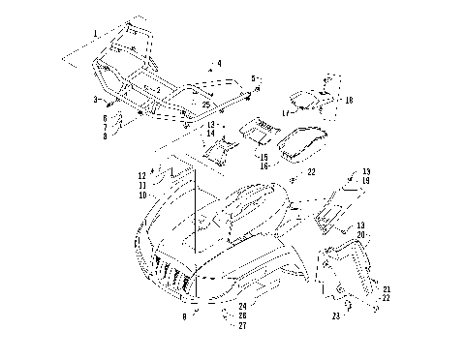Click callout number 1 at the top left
pyautogui.click(x=95, y=34)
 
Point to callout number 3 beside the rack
pyautogui.click(x=96, y=100)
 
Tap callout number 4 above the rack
pyautogui.click(x=219, y=63)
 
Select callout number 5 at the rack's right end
pyautogui.click(x=253, y=78)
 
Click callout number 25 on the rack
pyautogui.click(x=206, y=104)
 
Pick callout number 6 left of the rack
pyautogui.click(x=104, y=118)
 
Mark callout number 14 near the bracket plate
pyautogui.click(x=212, y=133)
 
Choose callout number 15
pyautogui.click(x=263, y=156)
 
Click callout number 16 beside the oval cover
pyautogui.click(x=263, y=166)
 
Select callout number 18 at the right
pyautogui.click(x=349, y=100)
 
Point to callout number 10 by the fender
pyautogui.click(x=142, y=195)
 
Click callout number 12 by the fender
pyautogui.click(x=141, y=175)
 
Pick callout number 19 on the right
pyautogui.click(x=365, y=182)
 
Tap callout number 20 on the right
pyautogui.click(x=360, y=235)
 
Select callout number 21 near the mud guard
pyautogui.click(x=386, y=289)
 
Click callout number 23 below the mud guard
pyautogui.click(x=334, y=315)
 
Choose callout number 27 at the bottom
pyautogui.click(x=242, y=326)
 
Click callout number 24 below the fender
pyautogui.click(x=242, y=307)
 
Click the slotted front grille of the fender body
pyautogui.click(x=171, y=274)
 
